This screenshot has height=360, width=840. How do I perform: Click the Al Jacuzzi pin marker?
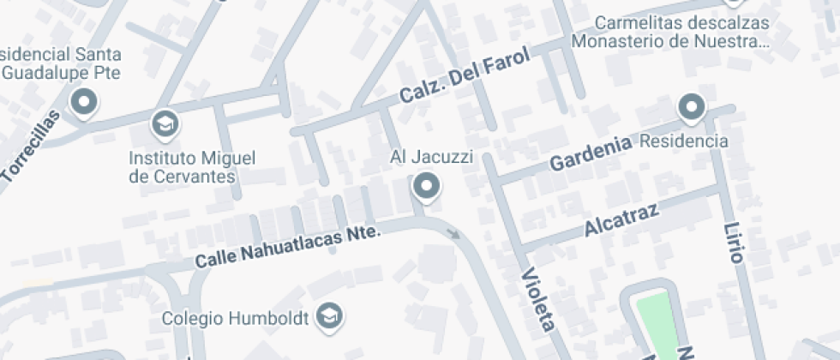click(x=426, y=185)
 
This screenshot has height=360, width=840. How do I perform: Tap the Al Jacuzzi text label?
click(x=426, y=156)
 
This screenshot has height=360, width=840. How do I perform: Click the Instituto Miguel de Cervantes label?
click(x=193, y=167)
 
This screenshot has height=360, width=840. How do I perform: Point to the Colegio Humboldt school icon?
click(x=328, y=316)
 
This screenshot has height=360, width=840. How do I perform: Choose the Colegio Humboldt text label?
click(x=236, y=317)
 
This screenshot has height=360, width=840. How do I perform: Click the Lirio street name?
click(x=735, y=242)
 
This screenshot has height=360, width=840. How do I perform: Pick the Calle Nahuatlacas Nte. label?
click(x=286, y=246)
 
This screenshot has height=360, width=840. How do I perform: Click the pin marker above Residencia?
click(x=691, y=108)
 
